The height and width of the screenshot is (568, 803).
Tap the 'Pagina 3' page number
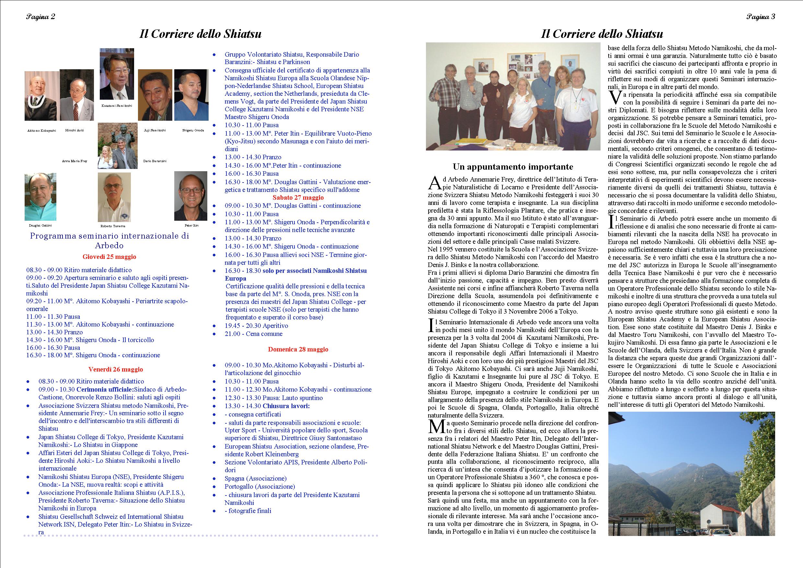[x=761, y=17]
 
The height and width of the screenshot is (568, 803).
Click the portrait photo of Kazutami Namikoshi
[x=117, y=74]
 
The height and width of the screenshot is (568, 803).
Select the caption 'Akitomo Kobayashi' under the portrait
[x=42, y=130]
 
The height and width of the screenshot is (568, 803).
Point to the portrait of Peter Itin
[x=191, y=196]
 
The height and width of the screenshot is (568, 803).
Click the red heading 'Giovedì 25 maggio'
[x=109, y=257]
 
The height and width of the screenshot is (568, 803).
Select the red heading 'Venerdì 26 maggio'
[x=116, y=369]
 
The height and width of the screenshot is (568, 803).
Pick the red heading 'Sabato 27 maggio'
[x=298, y=198]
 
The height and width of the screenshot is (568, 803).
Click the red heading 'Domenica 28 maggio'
[x=298, y=349]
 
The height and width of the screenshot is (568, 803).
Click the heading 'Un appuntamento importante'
[x=513, y=166]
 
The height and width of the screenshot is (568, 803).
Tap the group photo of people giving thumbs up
[x=513, y=96]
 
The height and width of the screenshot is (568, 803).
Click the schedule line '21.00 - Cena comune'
[x=253, y=334]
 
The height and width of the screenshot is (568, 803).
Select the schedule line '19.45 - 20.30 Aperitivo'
[x=256, y=326]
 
